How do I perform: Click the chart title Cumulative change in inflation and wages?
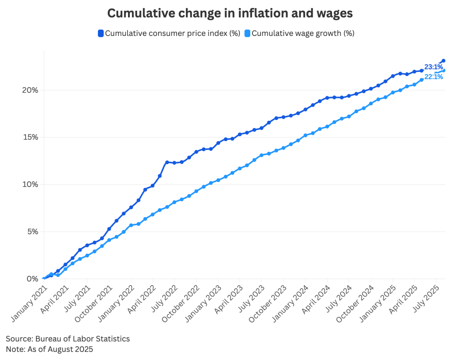pos(230,13)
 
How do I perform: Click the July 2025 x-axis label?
pos(425,300)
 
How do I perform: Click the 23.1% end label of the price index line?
pos(433,67)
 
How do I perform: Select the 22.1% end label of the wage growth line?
pos(433,77)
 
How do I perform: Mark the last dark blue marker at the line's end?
pos(443,61)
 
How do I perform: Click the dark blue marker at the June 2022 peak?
pos(167,162)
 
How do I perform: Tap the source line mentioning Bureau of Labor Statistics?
pos(67,338)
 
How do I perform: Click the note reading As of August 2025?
pos(49,349)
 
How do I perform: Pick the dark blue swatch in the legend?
pos(101,33)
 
